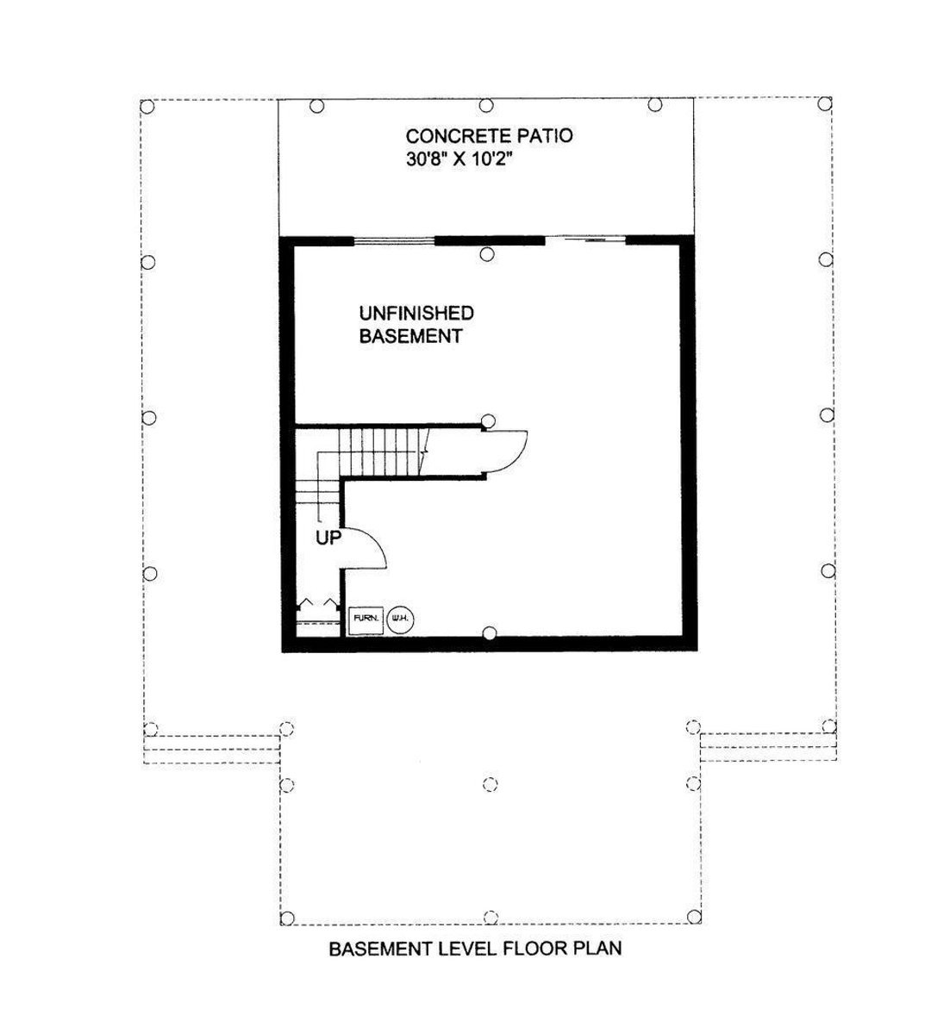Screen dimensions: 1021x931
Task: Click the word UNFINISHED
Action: click(416, 312)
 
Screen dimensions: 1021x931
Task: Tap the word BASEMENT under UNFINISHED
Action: click(409, 336)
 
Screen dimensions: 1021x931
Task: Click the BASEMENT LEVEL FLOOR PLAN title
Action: click(475, 949)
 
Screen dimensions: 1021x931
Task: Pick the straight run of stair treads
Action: click(384, 451)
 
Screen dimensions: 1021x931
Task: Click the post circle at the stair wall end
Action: click(489, 420)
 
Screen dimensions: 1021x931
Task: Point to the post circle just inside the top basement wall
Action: click(487, 254)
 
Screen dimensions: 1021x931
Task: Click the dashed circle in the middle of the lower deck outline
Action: click(489, 784)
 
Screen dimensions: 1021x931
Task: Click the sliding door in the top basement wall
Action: click(584, 240)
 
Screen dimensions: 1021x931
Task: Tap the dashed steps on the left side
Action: click(212, 749)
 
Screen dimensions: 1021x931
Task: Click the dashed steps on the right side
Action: click(766, 747)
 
